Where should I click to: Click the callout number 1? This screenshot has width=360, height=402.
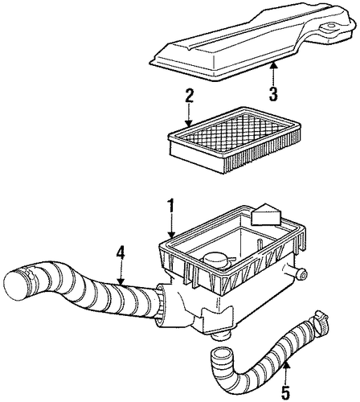(171, 205)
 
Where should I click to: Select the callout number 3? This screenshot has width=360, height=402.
(272, 94)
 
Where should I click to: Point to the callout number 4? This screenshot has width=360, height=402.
(121, 252)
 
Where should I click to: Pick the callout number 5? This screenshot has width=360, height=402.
(286, 393)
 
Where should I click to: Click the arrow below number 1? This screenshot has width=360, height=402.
(172, 225)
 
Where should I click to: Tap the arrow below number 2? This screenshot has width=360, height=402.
(189, 114)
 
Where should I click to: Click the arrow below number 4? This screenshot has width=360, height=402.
(121, 272)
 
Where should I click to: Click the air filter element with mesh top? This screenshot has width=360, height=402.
(235, 140)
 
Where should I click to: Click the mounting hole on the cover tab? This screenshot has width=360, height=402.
(330, 27)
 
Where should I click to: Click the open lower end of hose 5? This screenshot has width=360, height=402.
(219, 352)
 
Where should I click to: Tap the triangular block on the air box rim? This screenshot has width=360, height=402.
(266, 217)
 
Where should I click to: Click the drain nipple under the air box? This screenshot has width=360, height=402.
(222, 334)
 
